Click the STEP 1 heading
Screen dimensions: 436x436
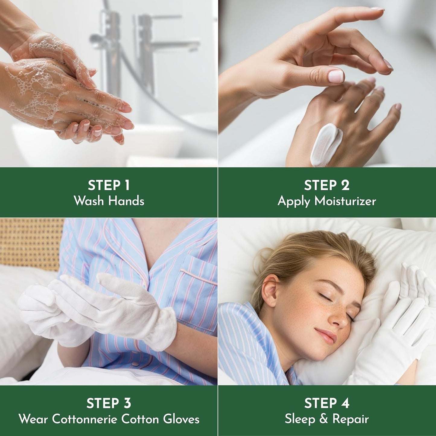(109, 185)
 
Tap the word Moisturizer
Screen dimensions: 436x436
(345, 201)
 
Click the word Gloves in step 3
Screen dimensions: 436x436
(181, 419)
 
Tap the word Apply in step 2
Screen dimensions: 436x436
(294, 201)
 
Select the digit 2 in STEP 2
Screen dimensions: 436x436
(345, 185)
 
